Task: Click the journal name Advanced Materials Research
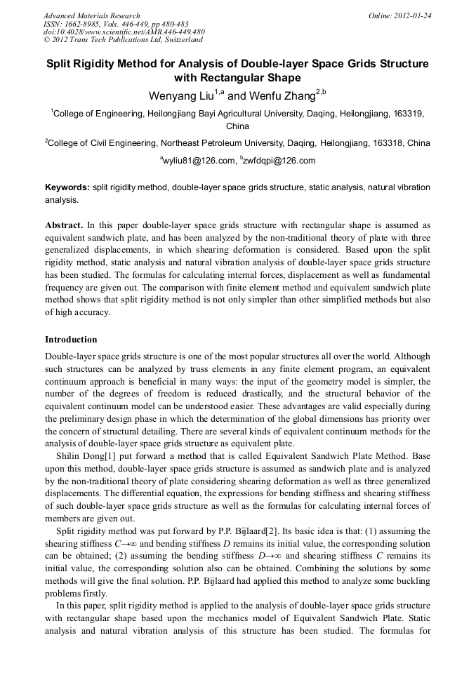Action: point(91,15)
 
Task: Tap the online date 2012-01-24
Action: point(415,15)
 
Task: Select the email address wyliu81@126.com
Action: point(199,161)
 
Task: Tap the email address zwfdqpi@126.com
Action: point(279,161)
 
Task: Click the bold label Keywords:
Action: point(67,188)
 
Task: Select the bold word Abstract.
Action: point(65,225)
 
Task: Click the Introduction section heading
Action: point(71,339)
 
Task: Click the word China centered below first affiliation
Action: point(237,127)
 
